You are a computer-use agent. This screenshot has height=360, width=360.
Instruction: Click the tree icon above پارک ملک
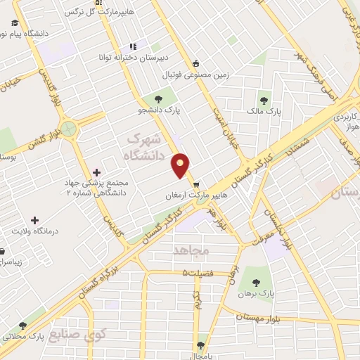tap(264, 99)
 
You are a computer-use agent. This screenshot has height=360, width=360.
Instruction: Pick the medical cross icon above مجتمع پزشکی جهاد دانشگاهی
tap(97, 172)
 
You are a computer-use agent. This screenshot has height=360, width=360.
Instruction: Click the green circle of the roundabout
tap(68, 129)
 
